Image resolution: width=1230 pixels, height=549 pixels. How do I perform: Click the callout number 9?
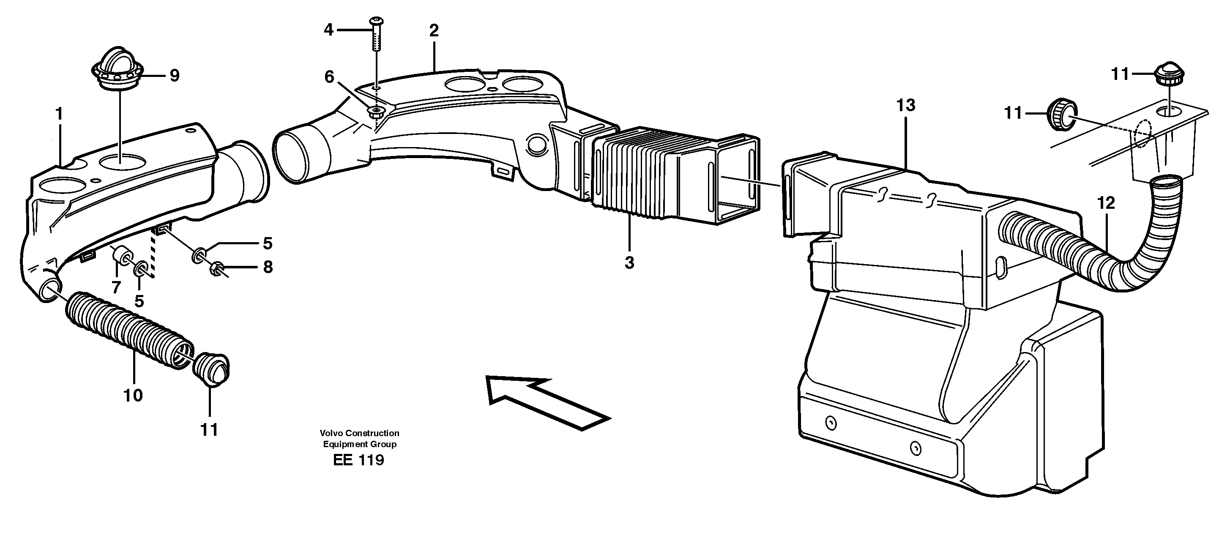coord(174,75)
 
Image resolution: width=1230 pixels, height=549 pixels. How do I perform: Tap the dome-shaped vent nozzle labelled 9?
coord(117,67)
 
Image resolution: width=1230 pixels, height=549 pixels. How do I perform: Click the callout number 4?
coord(328,30)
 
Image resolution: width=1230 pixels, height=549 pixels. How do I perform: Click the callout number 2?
coord(434,30)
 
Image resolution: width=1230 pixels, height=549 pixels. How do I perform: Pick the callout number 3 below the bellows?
coord(629,262)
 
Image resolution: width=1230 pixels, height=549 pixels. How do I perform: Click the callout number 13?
coord(906,105)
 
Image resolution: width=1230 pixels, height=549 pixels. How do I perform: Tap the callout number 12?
coord(1105,203)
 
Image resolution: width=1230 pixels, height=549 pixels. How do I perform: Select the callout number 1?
coord(59,114)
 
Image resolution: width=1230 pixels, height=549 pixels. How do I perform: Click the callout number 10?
coord(133,395)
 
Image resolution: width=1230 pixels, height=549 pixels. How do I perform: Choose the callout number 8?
coord(268,267)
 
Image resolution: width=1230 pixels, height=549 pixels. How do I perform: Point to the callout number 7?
coord(116,287)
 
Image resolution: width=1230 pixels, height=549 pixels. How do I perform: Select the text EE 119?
coord(358,460)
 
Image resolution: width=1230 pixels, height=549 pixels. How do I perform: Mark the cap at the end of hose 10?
coord(212,369)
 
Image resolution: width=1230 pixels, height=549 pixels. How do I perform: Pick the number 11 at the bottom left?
coord(209,430)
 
